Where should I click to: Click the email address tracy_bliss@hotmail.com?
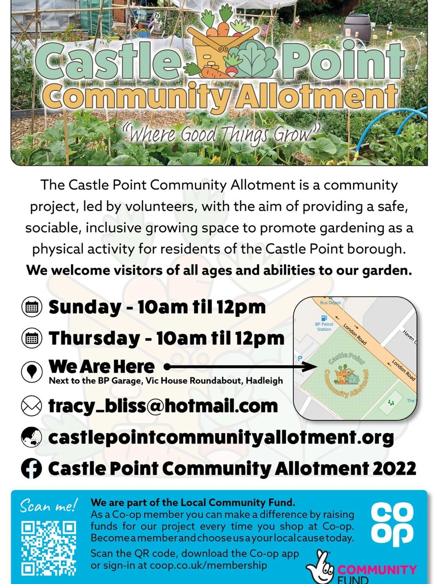click(163, 407)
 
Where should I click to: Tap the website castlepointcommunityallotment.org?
click(221, 438)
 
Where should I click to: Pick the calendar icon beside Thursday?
click(31, 338)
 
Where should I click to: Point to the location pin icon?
click(31, 370)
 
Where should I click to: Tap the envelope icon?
click(31, 406)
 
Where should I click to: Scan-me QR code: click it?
click(49, 550)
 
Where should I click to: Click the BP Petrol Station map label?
click(324, 326)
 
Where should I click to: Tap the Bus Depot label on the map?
click(330, 302)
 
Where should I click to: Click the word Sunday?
click(84, 308)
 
